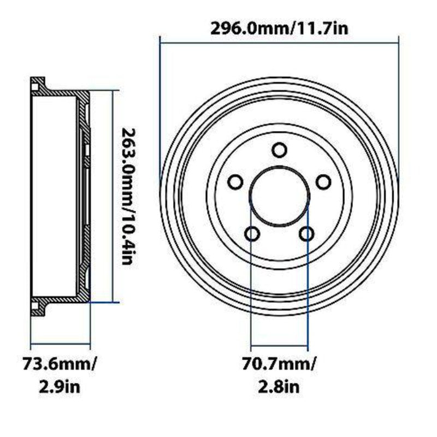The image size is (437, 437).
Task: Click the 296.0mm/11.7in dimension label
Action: (279, 28)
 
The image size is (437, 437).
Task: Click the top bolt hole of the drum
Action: (280, 150)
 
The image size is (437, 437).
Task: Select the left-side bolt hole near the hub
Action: (236, 182)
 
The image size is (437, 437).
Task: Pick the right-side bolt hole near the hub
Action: (323, 182)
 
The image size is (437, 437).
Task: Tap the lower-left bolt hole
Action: (252, 234)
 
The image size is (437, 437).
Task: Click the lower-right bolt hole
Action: (306, 234)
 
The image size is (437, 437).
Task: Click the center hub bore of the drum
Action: (280, 196)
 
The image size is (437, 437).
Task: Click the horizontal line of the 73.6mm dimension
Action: (60, 344)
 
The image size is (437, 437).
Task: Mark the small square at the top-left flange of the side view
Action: (36, 85)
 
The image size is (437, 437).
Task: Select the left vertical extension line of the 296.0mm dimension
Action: (160, 109)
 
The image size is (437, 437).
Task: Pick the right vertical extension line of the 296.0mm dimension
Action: (399, 109)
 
